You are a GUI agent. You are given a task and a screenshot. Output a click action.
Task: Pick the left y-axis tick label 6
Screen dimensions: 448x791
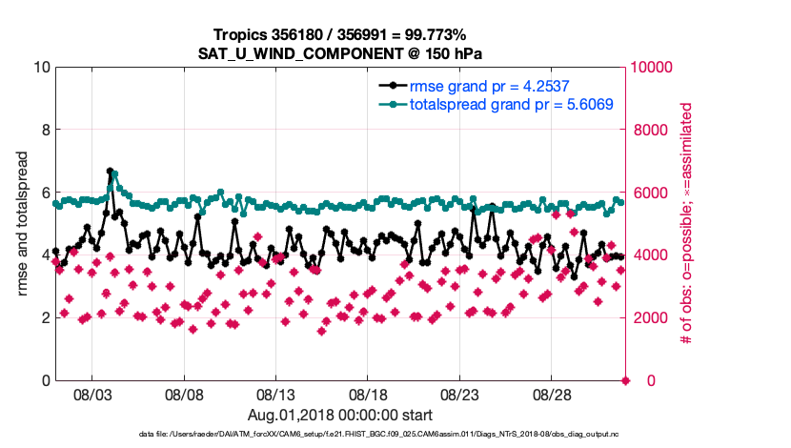[44, 193]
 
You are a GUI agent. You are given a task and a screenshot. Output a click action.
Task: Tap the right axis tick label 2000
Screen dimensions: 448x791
[650, 317]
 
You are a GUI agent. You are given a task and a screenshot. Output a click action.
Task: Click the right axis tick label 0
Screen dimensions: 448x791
[638, 380]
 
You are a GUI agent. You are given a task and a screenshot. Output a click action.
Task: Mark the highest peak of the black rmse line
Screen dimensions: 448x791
[111, 172]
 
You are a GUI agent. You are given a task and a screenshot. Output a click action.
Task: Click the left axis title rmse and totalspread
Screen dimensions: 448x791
[22, 224]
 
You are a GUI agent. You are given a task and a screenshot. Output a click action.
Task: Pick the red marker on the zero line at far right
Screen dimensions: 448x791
[625, 380]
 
